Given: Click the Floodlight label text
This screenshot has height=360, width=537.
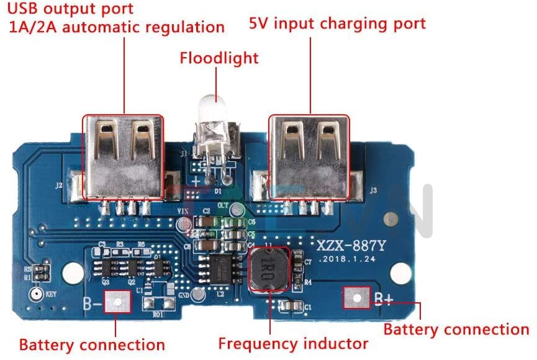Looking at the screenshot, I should (x=219, y=58).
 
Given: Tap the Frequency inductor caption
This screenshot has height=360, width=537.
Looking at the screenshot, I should (x=293, y=343).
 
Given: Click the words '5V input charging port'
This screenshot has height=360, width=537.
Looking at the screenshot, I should (x=337, y=24).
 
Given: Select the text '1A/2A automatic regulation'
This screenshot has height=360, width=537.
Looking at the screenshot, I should (x=116, y=27).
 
